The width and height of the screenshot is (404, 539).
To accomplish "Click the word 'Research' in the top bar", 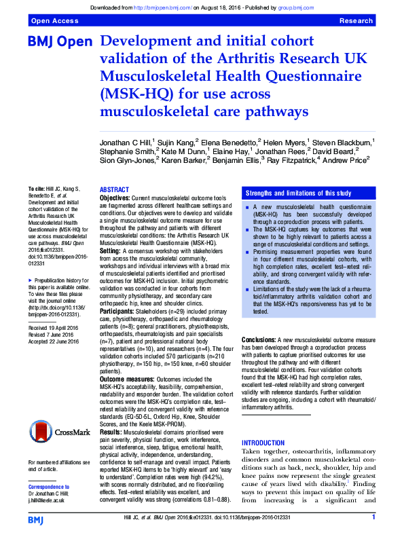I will click(356, 22).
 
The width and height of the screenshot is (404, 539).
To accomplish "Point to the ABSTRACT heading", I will click(114, 189).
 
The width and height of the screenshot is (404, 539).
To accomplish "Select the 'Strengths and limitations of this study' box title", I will click(298, 193).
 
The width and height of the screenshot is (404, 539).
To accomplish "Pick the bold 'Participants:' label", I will click(117, 312).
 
